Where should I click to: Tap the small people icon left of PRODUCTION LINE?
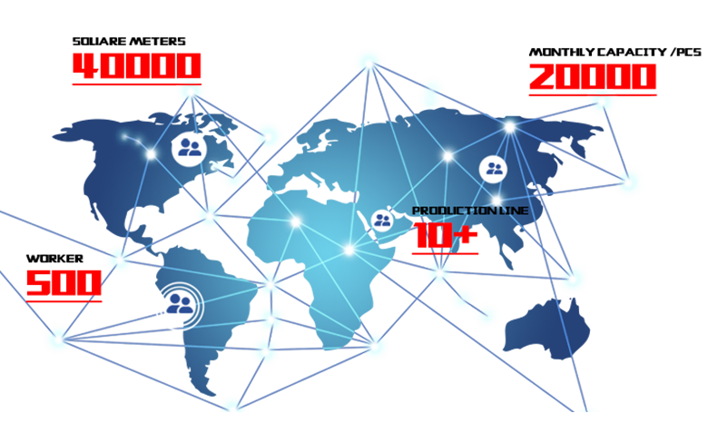[x=382, y=220]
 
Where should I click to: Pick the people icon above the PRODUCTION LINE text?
[x=493, y=168]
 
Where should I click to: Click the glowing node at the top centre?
[x=369, y=64]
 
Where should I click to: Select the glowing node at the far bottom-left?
[x=62, y=339]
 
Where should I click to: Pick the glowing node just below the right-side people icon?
[x=497, y=201]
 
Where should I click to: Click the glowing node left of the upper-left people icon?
[x=152, y=155]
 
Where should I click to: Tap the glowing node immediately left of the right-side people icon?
[x=447, y=156]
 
